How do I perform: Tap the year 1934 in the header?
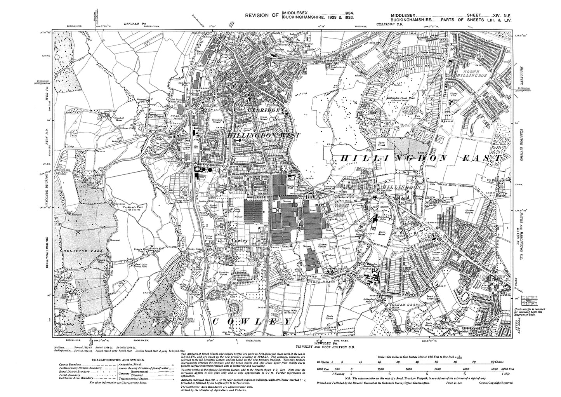(344, 13)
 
